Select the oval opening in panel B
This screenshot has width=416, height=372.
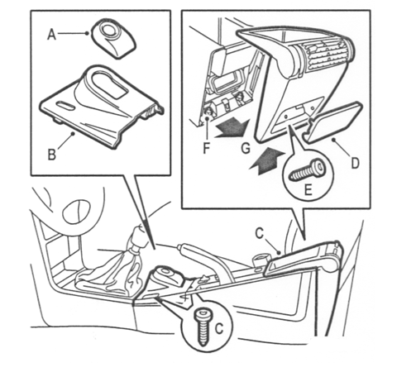tap(105, 83)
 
